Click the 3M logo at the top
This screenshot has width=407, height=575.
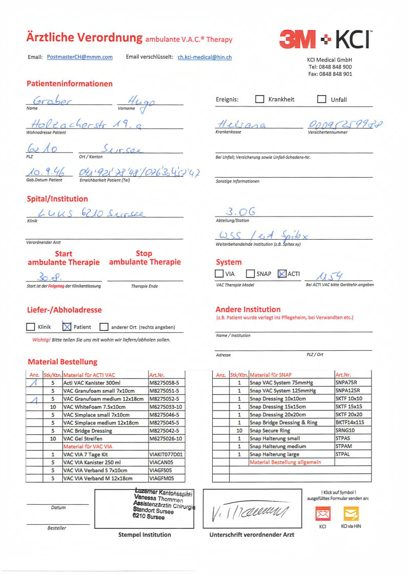click(x=298, y=39)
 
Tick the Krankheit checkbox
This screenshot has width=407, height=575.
click(x=260, y=99)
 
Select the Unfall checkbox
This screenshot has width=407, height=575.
click(x=321, y=99)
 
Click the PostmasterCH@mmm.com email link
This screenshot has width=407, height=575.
click(x=79, y=57)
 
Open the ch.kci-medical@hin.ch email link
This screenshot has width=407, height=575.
click(x=205, y=57)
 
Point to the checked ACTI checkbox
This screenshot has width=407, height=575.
click(x=281, y=274)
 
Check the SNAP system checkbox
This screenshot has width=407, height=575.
click(x=250, y=274)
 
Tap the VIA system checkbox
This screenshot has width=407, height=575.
click(x=219, y=274)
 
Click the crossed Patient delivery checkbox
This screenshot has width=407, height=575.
click(x=66, y=327)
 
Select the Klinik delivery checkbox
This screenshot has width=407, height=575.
click(x=30, y=327)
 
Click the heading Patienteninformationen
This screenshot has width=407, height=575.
click(x=70, y=83)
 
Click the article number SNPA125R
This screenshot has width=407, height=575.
click(x=346, y=391)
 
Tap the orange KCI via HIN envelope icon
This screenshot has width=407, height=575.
click(x=351, y=514)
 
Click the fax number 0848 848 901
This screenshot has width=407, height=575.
click(x=337, y=74)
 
